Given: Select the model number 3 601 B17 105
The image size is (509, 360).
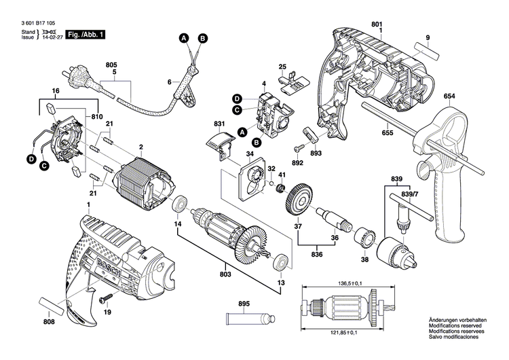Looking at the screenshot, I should tap(35, 22).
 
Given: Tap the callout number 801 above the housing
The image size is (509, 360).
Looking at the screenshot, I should tap(377, 25).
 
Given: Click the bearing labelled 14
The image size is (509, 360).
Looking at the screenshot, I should tap(181, 203).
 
